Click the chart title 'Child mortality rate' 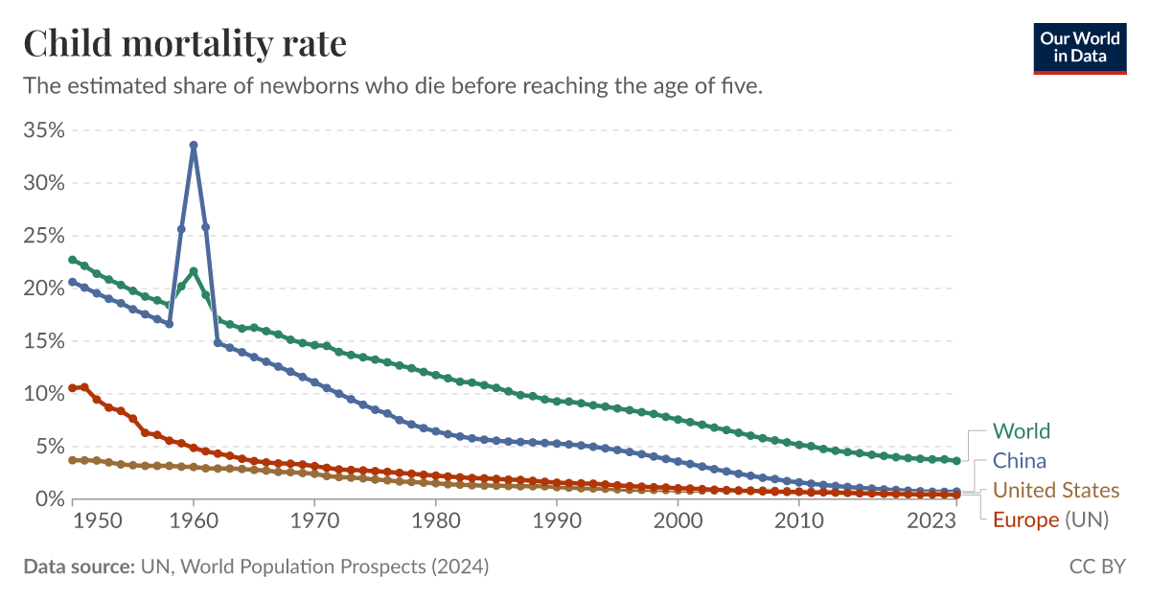pyautogui.click(x=185, y=44)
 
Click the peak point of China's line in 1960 pyautogui.click(x=194, y=145)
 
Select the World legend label pyautogui.click(x=1021, y=431)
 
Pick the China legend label pyautogui.click(x=1019, y=461)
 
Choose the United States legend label pyautogui.click(x=1055, y=491)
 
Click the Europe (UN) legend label pyautogui.click(x=1050, y=520)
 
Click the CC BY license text pyautogui.click(x=1097, y=566)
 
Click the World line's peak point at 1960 pyautogui.click(x=194, y=271)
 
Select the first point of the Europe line pyautogui.click(x=73, y=388)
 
